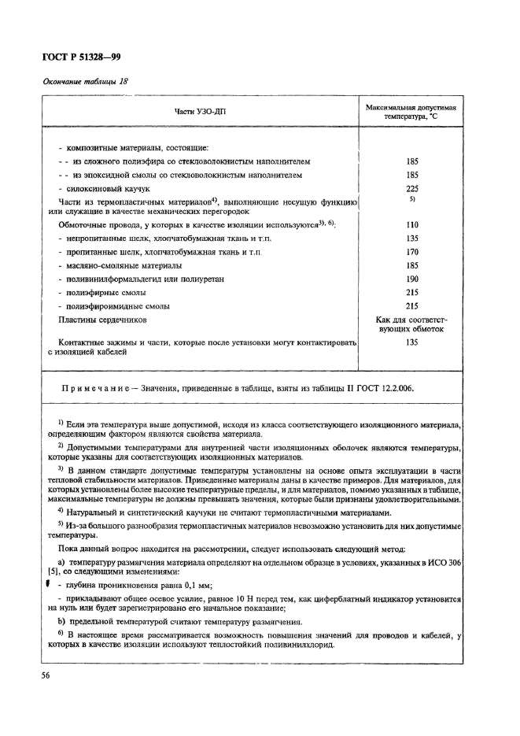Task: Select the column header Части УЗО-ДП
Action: coord(200,112)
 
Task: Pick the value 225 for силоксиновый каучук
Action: coord(411,189)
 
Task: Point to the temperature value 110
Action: coord(411,224)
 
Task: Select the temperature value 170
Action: coord(411,252)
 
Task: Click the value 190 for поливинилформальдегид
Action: coord(411,279)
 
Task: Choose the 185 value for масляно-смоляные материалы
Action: coord(411,265)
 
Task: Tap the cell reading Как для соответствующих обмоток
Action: coord(411,325)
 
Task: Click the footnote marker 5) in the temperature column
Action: coord(411,200)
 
